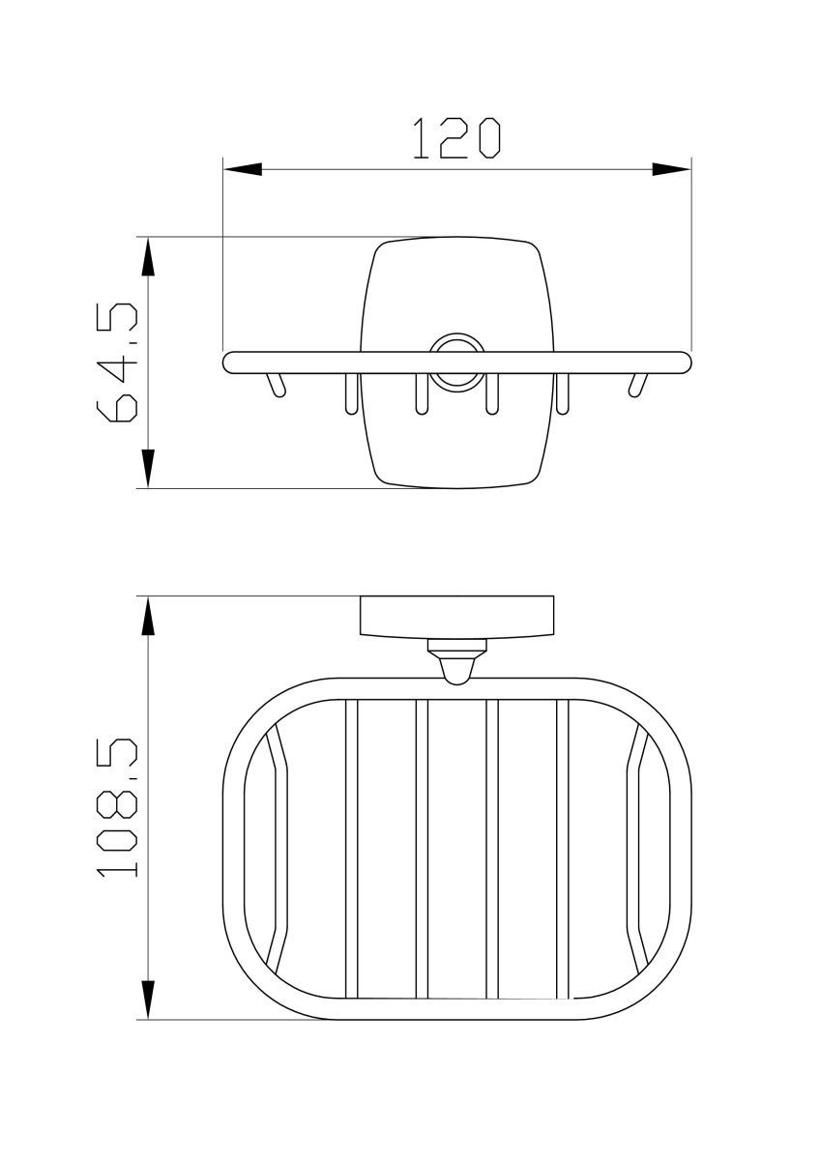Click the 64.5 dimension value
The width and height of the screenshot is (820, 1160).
(117, 362)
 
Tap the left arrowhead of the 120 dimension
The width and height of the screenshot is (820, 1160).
(243, 169)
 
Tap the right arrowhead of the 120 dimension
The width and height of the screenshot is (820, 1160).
(671, 169)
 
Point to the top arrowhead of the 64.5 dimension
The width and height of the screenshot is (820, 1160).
(148, 257)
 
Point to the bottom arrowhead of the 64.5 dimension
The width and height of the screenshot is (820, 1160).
(148, 469)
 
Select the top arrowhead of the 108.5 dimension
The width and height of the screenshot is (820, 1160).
(148, 617)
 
